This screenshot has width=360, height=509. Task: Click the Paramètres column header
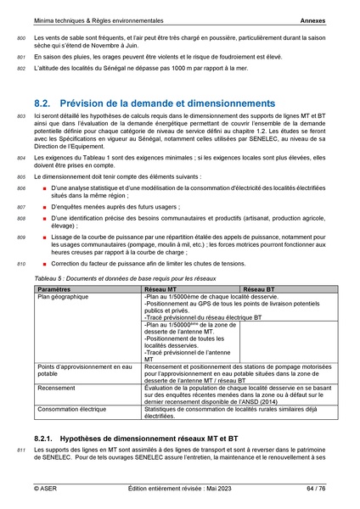(x=55, y=289)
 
